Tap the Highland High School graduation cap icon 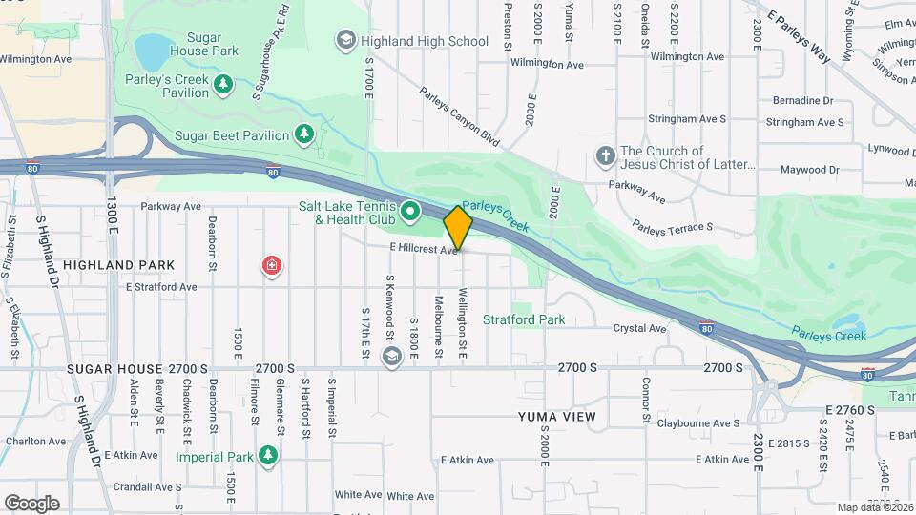[345, 41]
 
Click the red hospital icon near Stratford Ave [273, 266]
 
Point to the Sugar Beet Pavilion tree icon [304, 134]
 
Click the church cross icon [604, 155]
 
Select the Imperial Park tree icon [268, 456]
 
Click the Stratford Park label [524, 319]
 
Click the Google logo [31, 504]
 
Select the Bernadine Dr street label [802, 100]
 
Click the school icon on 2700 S [391, 356]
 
